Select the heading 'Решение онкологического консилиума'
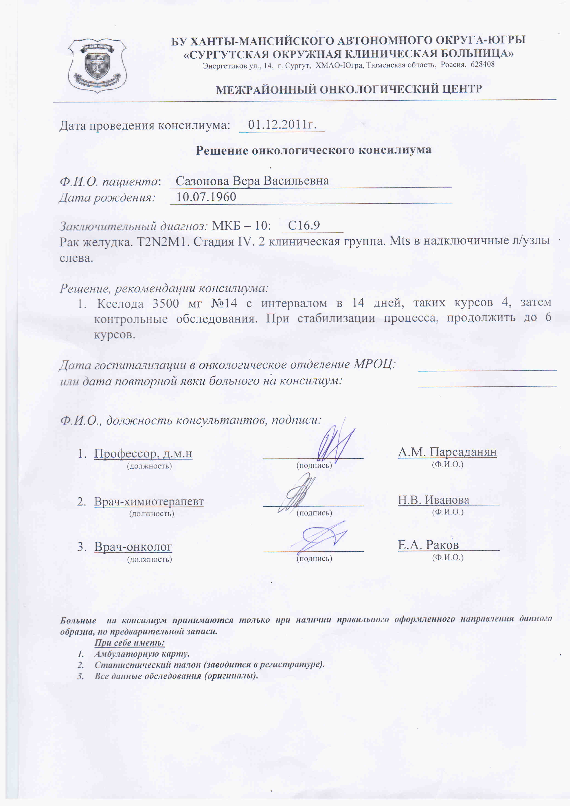313,150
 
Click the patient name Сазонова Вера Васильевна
252,181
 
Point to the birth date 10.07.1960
206,197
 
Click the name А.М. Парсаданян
447,452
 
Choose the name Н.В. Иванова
434,500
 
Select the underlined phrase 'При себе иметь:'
130,643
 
